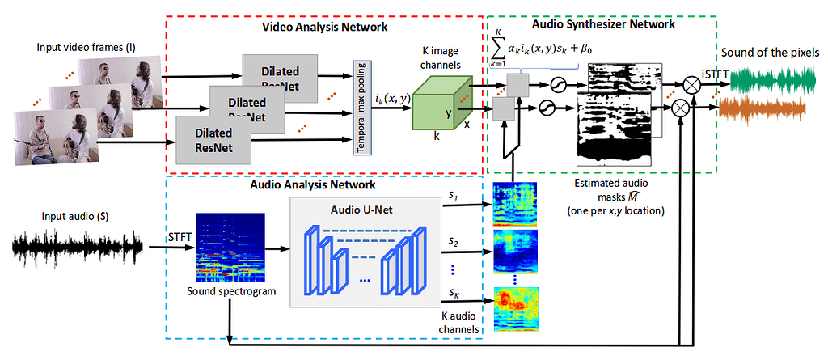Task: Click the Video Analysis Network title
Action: click(x=324, y=27)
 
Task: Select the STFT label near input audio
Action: click(x=180, y=236)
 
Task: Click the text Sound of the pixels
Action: click(x=770, y=53)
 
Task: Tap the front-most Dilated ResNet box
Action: click(x=211, y=139)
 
